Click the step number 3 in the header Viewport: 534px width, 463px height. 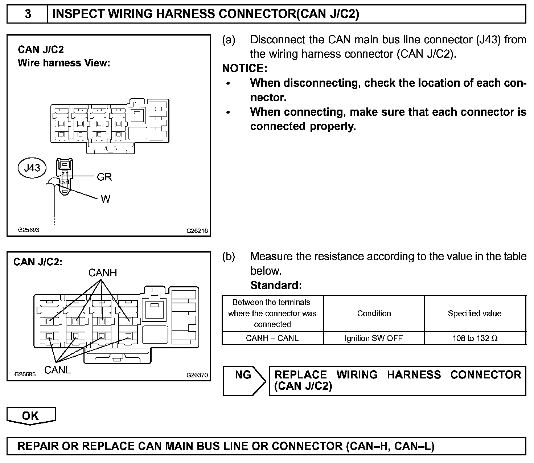pos(28,14)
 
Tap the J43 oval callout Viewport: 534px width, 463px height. pos(32,168)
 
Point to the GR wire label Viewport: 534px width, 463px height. pos(104,177)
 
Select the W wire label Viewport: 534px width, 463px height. pos(105,199)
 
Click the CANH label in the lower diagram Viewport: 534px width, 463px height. pos(103,273)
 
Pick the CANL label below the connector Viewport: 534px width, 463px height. pos(57,370)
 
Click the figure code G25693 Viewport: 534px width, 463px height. pos(29,230)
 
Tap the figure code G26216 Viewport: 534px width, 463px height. pos(197,230)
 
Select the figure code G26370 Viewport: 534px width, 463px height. pos(197,375)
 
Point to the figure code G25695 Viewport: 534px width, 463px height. pos(25,374)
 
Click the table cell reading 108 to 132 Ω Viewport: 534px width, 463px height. pos(475,338)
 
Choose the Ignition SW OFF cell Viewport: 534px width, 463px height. pos(374,338)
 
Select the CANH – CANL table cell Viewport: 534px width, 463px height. pos(272,338)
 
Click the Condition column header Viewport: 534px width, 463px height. pos(374,313)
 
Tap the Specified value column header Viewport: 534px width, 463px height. pos(475,313)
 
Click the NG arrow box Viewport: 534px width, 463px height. pos(244,380)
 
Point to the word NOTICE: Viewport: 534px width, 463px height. pos(245,68)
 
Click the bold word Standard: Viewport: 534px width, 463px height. pos(276,285)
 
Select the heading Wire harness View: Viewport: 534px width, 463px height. pos(64,63)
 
